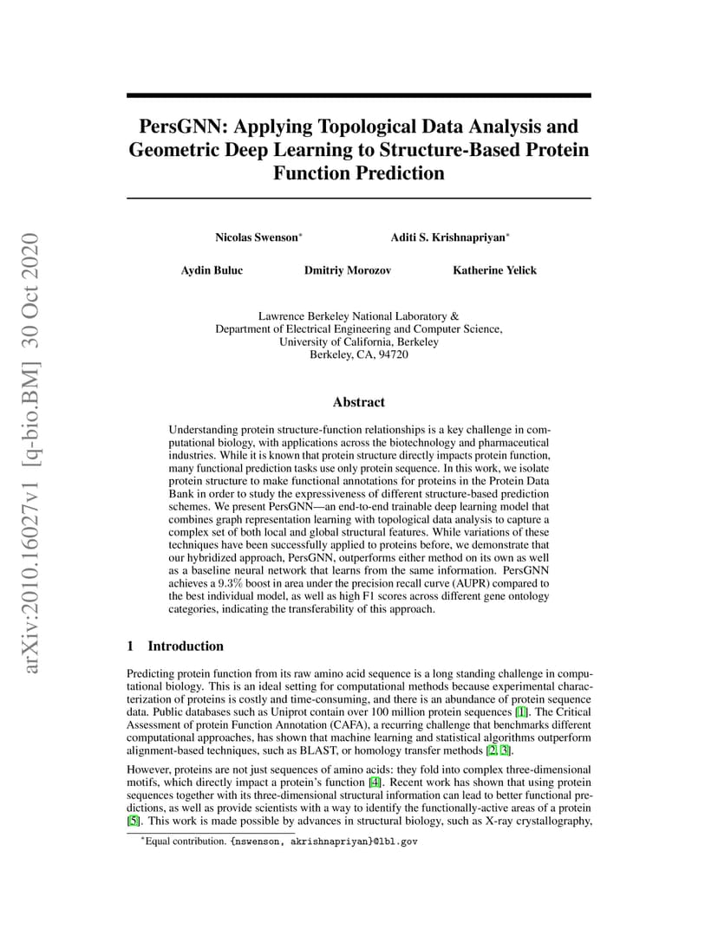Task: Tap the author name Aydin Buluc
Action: tap(212, 270)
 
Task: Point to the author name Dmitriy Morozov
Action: tap(347, 270)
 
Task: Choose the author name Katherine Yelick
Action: tap(494, 270)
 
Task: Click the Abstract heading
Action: tap(358, 402)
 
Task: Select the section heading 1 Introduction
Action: tap(175, 646)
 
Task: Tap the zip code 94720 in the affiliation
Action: tap(392, 354)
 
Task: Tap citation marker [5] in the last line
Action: tap(133, 821)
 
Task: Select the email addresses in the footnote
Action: tap(324, 841)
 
